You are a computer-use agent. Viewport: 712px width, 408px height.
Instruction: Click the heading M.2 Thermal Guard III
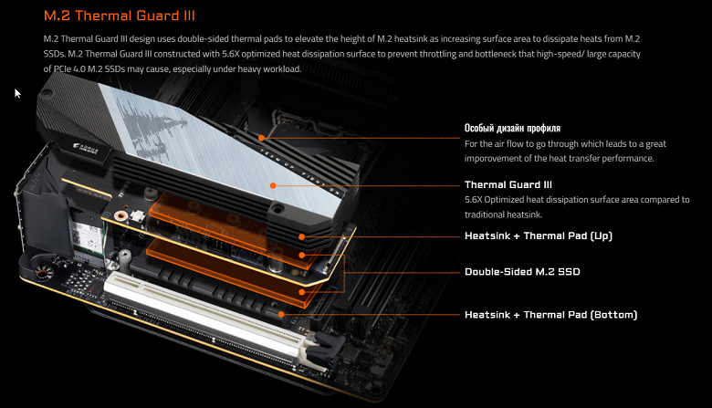(120, 16)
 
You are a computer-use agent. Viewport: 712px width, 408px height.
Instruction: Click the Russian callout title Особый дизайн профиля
(512, 128)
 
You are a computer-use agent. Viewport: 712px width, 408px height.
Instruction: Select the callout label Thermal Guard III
(508, 184)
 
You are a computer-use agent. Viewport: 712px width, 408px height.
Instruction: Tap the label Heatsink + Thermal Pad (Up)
(538, 236)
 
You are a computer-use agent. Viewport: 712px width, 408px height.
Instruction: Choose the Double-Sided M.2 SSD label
(522, 272)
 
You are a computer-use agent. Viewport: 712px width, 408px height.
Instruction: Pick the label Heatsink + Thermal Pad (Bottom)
(550, 315)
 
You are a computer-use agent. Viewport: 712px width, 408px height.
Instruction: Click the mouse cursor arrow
(17, 93)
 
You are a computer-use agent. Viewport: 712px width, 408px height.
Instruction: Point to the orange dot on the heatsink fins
(261, 138)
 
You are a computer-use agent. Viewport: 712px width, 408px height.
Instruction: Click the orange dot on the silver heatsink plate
(273, 185)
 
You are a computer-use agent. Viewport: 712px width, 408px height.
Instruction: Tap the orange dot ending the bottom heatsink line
(281, 314)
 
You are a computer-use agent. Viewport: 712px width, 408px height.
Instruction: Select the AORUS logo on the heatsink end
(86, 149)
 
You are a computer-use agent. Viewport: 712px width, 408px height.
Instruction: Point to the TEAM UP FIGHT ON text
(299, 171)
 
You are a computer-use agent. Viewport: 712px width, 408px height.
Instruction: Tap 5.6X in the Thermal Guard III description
(474, 200)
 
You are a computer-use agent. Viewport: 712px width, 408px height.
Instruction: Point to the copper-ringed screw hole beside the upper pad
(120, 216)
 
